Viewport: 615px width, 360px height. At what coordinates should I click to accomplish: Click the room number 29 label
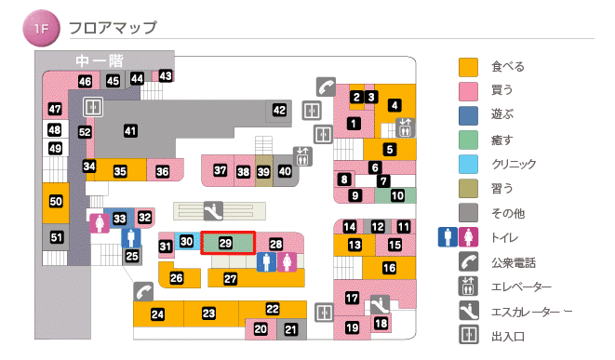[225, 243]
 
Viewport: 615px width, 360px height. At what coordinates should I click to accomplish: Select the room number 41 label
[130, 131]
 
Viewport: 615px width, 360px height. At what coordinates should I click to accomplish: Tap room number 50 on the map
[56, 201]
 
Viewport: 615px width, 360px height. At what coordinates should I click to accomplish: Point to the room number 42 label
[279, 111]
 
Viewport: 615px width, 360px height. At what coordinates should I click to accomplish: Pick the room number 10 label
[397, 195]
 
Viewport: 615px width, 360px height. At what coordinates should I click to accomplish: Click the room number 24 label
[158, 314]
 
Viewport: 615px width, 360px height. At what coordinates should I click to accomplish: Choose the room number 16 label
[389, 268]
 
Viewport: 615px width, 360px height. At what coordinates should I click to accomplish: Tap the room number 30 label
[186, 242]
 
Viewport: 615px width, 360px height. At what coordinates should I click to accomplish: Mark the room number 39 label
[264, 171]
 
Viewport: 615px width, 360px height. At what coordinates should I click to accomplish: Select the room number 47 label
[55, 109]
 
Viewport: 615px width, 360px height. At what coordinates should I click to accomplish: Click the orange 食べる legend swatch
[469, 67]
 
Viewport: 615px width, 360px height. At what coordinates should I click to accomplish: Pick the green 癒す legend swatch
[469, 140]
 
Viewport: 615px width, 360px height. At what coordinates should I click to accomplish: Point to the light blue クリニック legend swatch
[469, 165]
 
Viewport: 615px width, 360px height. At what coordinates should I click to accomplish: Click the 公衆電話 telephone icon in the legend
[469, 262]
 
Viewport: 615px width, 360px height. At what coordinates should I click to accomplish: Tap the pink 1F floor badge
[40, 29]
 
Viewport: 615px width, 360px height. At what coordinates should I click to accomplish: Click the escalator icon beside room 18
[379, 304]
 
